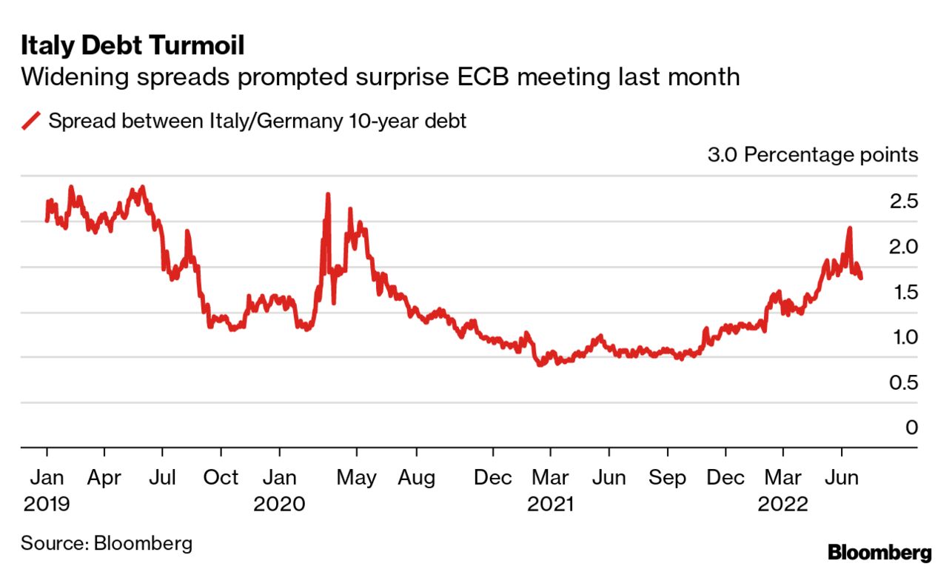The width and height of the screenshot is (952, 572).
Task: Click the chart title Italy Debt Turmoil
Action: [x=133, y=46]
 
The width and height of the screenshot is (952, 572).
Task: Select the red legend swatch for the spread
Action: [x=32, y=121]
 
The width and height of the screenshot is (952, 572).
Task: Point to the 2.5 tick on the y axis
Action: [x=902, y=202]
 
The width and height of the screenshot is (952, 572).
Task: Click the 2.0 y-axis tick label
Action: [x=902, y=247]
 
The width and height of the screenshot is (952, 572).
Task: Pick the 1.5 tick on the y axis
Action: [x=902, y=292]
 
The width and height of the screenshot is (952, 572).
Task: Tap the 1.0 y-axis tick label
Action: [x=902, y=337]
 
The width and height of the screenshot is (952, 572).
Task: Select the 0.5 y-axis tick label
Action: [x=902, y=382]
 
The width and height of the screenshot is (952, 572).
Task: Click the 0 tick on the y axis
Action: [x=911, y=428]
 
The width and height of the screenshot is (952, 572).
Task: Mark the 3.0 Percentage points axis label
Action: [x=813, y=156]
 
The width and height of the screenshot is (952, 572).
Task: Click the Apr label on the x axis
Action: [x=104, y=478]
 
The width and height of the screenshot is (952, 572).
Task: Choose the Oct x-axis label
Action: [x=221, y=478]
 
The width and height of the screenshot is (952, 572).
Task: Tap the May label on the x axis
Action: [x=356, y=478]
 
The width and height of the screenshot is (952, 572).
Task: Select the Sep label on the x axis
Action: [x=668, y=478]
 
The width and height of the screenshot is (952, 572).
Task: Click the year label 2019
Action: [x=47, y=505]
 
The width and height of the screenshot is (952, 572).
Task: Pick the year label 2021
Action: [x=550, y=505]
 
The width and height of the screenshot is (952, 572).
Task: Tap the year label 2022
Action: [x=783, y=505]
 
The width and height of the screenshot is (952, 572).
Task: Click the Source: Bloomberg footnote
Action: [x=107, y=543]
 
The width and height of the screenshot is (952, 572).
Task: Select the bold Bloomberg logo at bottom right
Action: [x=879, y=552]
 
